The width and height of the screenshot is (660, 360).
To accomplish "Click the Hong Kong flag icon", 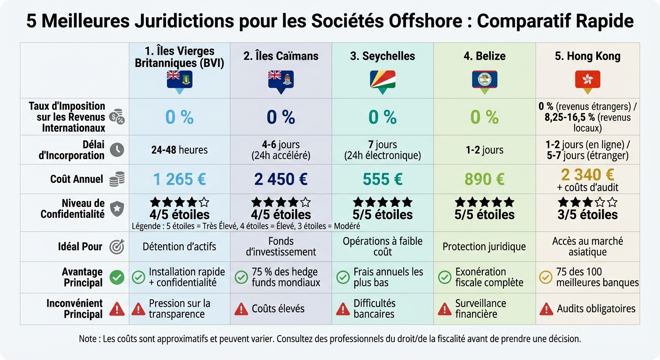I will click(x=587, y=79).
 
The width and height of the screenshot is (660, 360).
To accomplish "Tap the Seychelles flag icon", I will click(x=382, y=79).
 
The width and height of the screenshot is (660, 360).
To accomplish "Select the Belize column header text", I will click(x=485, y=56).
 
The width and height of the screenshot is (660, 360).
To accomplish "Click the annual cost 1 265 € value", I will click(x=180, y=179).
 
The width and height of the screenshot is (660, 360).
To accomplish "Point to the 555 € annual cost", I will click(x=382, y=179).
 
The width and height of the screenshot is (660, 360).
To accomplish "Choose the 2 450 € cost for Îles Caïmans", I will click(x=281, y=179).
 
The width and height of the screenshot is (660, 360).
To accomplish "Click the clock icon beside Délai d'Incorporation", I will click(x=117, y=150).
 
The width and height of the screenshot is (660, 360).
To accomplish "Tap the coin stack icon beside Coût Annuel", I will click(x=117, y=179).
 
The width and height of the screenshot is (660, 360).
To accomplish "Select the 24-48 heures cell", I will click(x=180, y=150).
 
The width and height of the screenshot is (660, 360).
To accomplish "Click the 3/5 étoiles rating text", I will click(x=587, y=215).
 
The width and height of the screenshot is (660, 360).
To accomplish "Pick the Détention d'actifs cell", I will click(x=180, y=247).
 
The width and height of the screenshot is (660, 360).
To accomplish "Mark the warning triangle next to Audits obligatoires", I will click(x=546, y=309).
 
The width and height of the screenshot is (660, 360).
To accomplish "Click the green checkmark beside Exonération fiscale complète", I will click(x=444, y=277).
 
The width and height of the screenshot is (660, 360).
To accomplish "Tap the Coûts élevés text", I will click(x=278, y=309).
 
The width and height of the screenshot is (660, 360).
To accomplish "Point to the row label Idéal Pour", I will click(x=80, y=247).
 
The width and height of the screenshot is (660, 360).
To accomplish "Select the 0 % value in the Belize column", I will click(x=485, y=117).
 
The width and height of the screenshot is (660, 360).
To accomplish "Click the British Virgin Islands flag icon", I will click(x=180, y=79).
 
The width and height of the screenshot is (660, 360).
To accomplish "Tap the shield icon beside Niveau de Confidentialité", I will click(x=117, y=209).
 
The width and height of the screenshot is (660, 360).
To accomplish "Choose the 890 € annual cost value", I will click(x=485, y=179).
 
